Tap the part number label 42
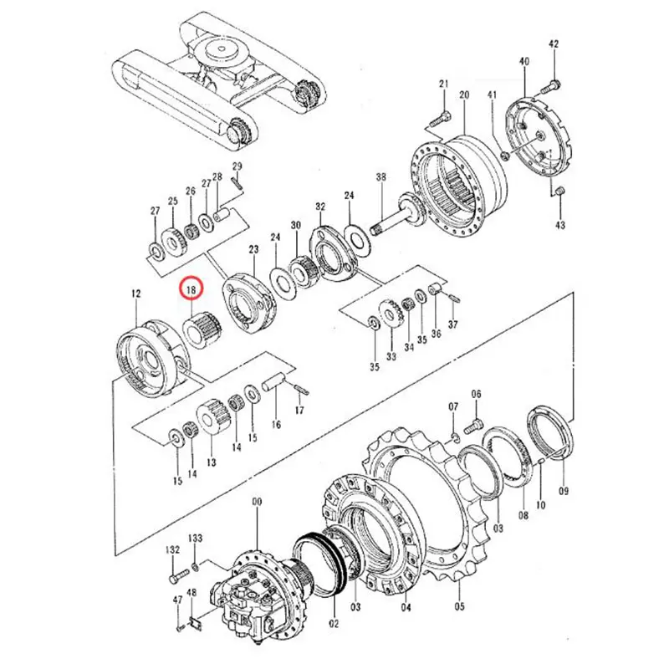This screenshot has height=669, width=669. (553, 43)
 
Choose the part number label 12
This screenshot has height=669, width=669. (136, 294)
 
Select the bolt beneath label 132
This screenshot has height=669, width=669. (176, 577)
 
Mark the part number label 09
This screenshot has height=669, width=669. (563, 491)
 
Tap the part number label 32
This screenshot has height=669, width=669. (319, 206)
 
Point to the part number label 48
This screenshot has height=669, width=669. (192, 595)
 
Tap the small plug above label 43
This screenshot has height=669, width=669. (559, 193)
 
